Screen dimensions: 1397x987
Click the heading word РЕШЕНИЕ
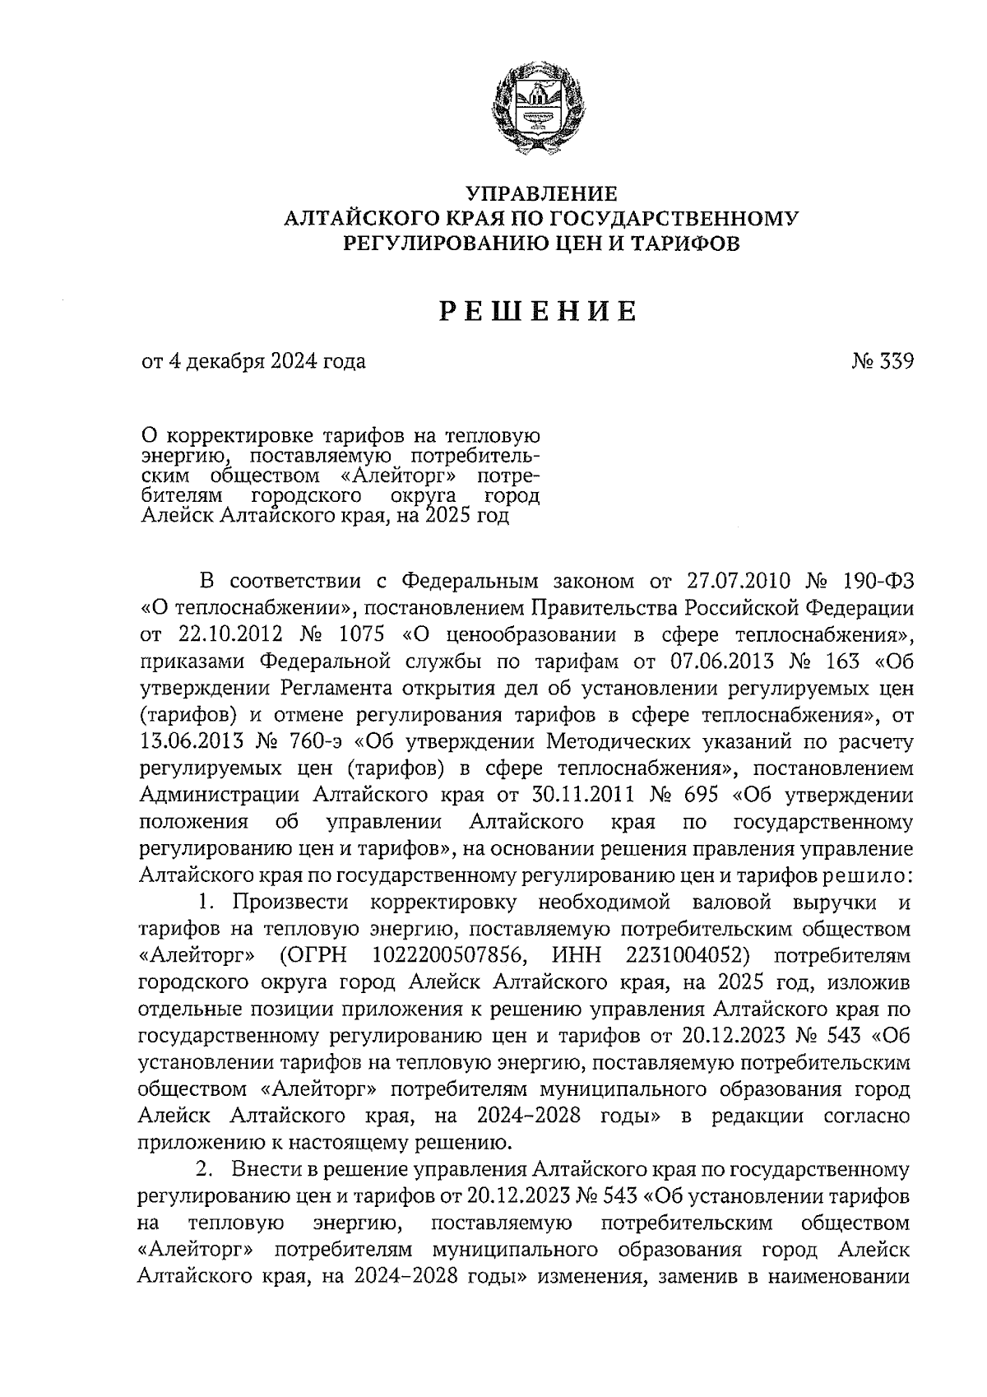tap(540, 312)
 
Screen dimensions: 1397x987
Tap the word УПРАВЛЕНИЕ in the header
tap(540, 194)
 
